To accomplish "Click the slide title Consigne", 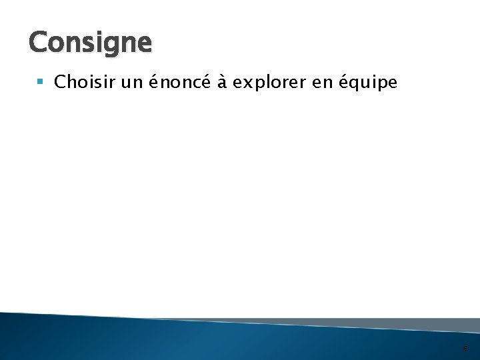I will pyautogui.click(x=91, y=43).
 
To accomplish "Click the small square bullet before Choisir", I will pyautogui.click(x=41, y=83).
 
